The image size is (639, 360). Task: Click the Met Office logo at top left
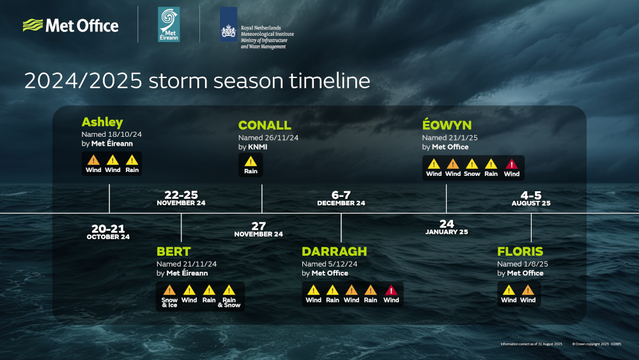coord(70,26)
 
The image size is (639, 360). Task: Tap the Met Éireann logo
coord(169,25)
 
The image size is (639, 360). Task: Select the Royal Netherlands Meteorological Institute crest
coord(228,25)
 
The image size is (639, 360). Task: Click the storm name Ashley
coord(102,122)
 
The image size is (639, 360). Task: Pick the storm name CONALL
coord(265,125)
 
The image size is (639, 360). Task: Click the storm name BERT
coord(174,251)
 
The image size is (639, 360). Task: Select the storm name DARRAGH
coord(334,251)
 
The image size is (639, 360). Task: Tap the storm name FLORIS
coord(520,251)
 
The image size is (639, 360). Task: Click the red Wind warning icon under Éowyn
coord(512,164)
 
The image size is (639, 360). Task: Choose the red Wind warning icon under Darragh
coord(391,290)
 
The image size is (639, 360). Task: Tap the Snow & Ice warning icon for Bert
coord(169,290)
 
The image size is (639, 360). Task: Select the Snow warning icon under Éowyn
coord(472,164)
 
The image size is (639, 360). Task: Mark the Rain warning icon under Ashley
coord(132,160)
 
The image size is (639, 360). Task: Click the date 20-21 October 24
coord(108,231)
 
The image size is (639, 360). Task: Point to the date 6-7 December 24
coord(341,198)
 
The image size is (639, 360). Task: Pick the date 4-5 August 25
coord(530,198)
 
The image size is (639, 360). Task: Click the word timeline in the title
coord(330,81)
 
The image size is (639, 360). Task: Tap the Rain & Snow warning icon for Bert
coord(229,290)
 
